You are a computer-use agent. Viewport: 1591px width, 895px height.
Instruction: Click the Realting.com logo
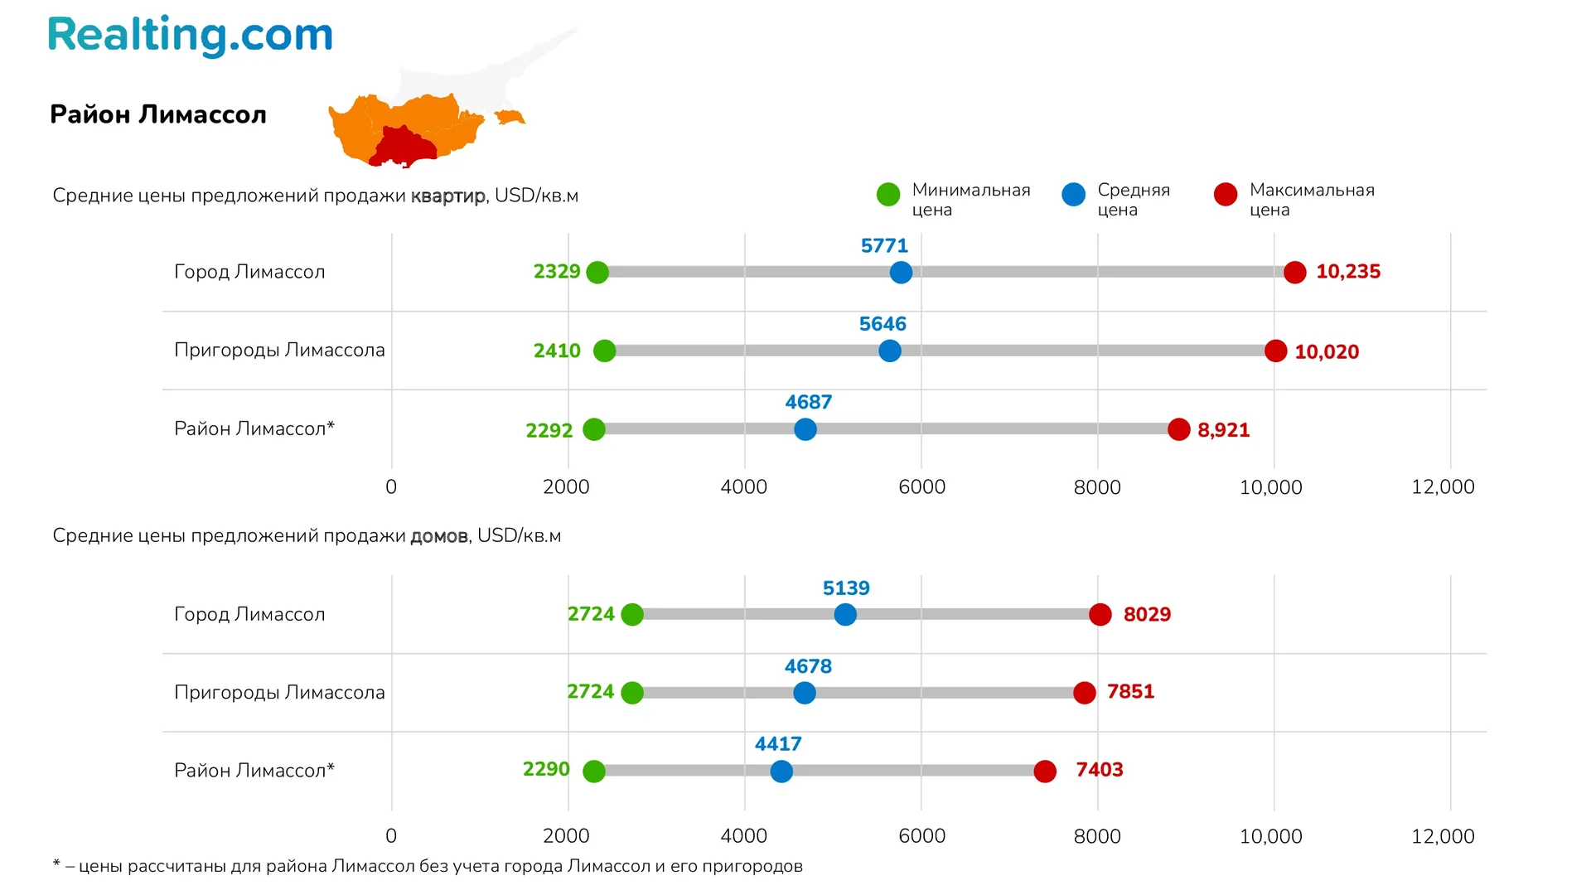click(190, 36)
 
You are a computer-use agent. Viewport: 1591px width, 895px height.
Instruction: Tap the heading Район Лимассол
click(158, 114)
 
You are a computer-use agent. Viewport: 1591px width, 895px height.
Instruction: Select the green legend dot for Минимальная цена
click(888, 195)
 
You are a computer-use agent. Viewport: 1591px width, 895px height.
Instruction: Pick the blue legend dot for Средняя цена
click(1073, 195)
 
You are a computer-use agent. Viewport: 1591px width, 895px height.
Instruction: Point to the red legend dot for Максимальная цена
click(1226, 195)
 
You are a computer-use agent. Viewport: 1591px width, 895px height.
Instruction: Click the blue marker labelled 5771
click(901, 272)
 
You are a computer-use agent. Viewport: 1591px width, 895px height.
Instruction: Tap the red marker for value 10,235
click(1294, 272)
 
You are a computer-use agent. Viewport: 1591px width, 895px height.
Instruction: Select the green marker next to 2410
click(605, 351)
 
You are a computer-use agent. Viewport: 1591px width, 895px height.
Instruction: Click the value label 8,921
click(1223, 430)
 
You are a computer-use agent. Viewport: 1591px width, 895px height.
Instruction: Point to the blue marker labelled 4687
click(805, 429)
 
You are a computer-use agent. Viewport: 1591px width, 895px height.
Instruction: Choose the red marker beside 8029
click(1100, 615)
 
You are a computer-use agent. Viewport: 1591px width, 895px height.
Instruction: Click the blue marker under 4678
click(805, 693)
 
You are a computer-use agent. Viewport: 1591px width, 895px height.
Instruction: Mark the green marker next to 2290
click(594, 772)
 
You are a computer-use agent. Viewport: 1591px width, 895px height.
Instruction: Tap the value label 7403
click(1099, 770)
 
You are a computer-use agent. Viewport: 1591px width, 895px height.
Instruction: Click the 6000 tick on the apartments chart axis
click(921, 487)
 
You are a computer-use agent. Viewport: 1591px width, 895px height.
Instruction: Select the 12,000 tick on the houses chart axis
click(1443, 837)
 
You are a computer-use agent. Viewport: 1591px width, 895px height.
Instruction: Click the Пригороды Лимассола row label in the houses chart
click(279, 693)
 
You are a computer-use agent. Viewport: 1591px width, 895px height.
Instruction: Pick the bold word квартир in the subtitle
click(448, 196)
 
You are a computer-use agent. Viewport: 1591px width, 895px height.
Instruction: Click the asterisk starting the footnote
click(56, 864)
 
